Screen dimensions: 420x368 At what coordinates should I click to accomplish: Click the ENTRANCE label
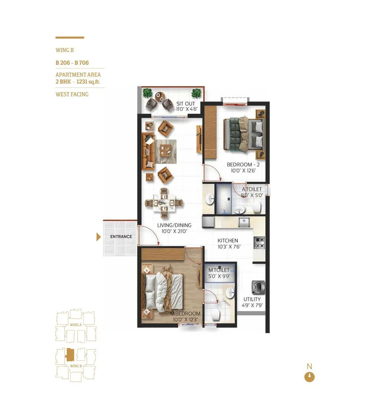click(x=121, y=237)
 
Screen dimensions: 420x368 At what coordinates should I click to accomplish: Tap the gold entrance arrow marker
click(x=99, y=237)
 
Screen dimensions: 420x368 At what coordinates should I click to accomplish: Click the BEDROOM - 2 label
click(x=242, y=164)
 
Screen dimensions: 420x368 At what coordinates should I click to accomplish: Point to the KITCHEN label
click(x=228, y=240)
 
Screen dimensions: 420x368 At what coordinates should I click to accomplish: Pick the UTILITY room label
click(x=252, y=299)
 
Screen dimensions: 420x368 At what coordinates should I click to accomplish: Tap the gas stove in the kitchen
click(x=259, y=243)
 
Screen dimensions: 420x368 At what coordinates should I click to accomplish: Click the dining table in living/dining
click(x=164, y=203)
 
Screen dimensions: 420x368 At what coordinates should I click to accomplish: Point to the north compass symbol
click(x=309, y=377)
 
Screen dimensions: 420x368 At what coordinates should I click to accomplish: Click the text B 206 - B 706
click(x=72, y=63)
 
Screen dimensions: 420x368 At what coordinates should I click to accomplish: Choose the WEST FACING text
click(x=72, y=94)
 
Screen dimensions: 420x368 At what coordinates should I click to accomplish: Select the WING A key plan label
click(x=76, y=325)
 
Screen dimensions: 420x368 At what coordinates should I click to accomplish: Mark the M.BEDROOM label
click(x=185, y=314)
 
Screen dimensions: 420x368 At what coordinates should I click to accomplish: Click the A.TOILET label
click(x=252, y=189)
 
